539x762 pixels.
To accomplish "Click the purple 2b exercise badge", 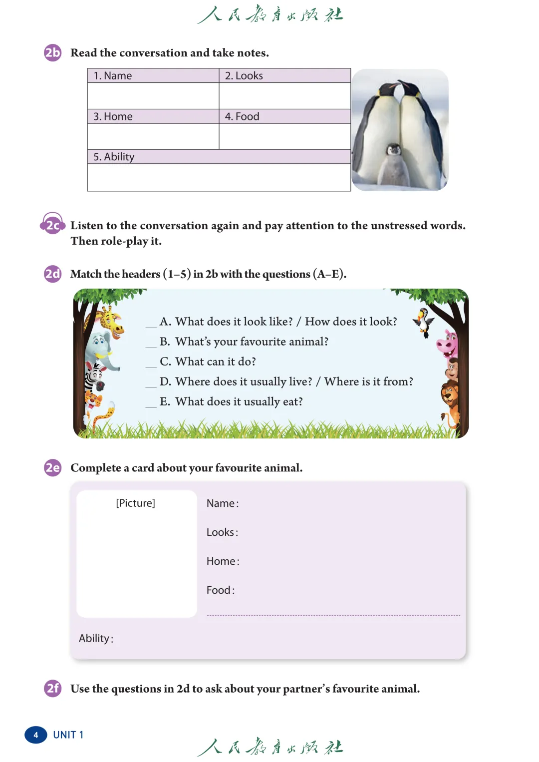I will point(52,52).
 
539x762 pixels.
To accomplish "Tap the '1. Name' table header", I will point(113,76).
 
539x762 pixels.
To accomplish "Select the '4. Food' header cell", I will point(242,116).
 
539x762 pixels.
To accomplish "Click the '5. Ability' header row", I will point(114,157).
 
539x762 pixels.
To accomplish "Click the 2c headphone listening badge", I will point(52,225).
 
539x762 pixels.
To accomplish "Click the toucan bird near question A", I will point(424,322).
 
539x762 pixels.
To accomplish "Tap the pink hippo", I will point(447,343).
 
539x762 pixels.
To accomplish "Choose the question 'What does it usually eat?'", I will point(239,401).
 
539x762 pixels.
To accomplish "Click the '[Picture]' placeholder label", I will point(135,503).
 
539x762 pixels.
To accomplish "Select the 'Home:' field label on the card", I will point(223,561).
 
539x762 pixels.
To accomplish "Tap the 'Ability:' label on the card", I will point(96,638).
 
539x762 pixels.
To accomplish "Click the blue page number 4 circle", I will point(36,735).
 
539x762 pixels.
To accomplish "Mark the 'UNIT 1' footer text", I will point(68,735).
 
